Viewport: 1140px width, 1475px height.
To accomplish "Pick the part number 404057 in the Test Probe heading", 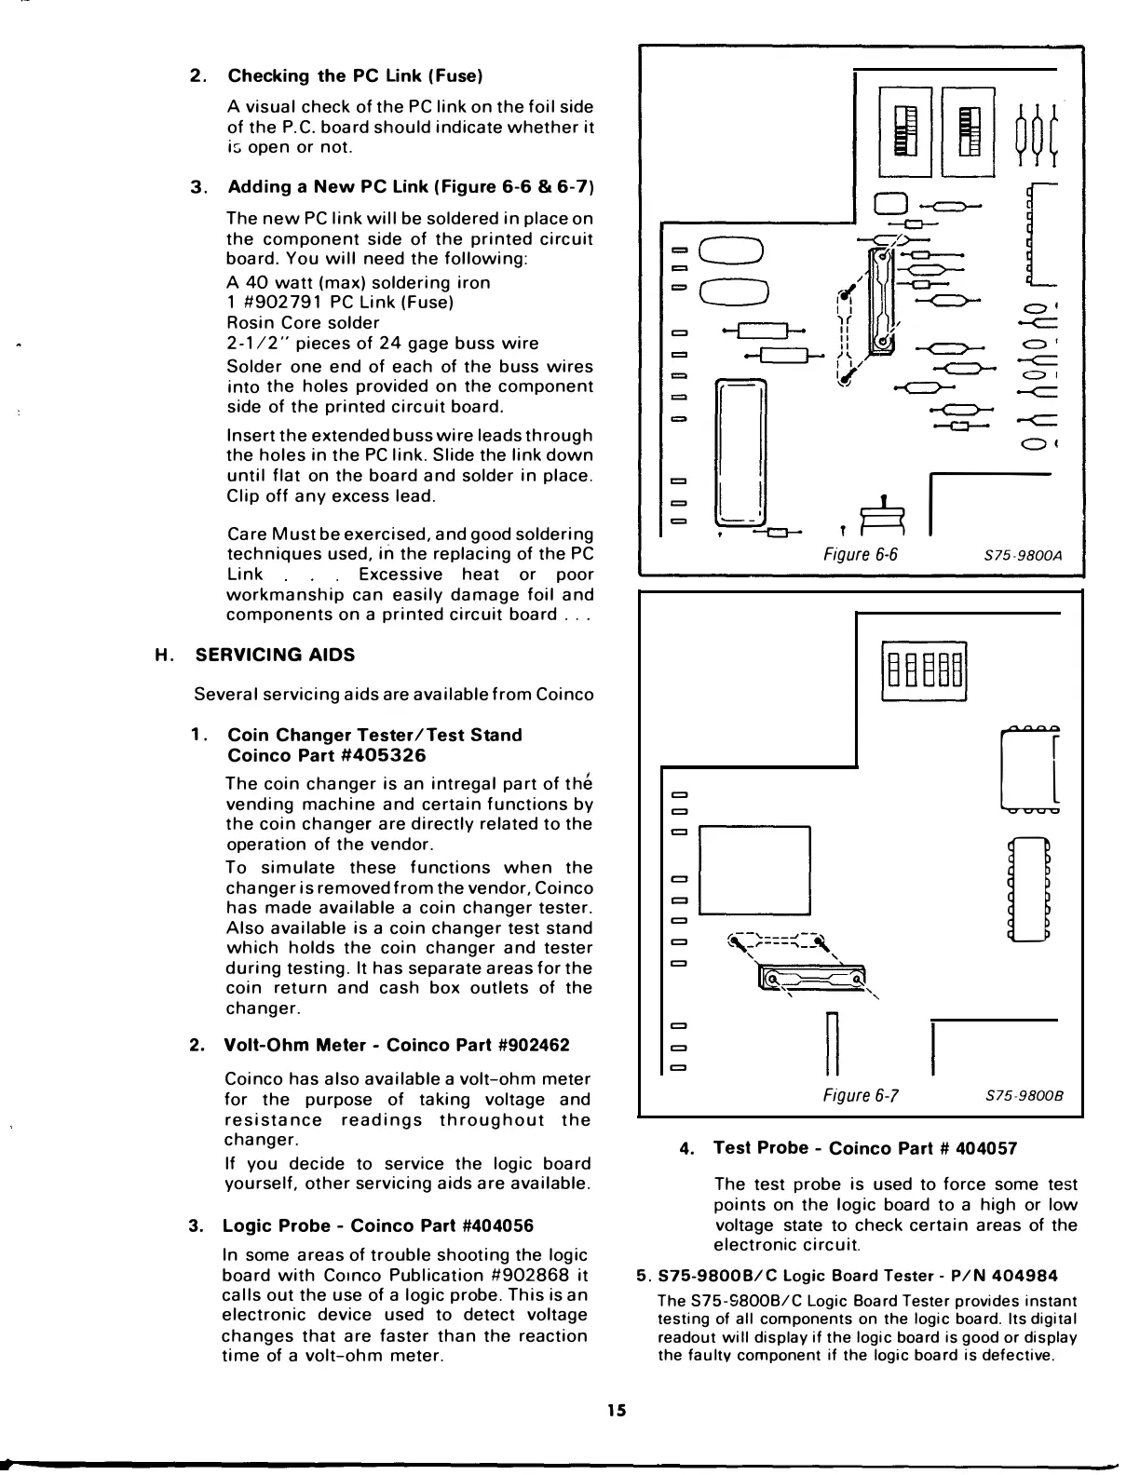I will tap(987, 1148).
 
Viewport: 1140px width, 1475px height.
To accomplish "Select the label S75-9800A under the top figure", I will tap(1023, 557).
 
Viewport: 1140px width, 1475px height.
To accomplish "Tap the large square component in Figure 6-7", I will tap(754, 870).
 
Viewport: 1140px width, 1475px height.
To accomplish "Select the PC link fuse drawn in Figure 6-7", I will tap(812, 978).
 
